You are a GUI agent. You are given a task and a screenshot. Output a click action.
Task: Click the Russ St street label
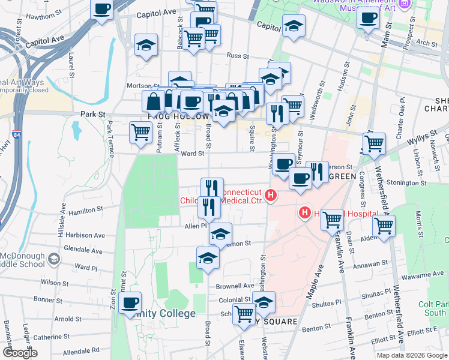(238, 56)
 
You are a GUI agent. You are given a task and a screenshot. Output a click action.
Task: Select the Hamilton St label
(85, 211)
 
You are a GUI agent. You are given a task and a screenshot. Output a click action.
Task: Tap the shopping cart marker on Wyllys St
(374, 143)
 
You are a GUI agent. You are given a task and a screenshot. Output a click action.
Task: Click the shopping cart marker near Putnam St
(141, 131)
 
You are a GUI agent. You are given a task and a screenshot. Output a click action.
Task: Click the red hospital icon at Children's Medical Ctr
(271, 195)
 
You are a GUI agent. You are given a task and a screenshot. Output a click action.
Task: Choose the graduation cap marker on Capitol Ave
(294, 26)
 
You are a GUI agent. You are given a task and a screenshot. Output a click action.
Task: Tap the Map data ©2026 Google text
(412, 355)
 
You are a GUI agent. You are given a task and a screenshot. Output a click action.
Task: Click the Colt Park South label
(435, 308)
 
